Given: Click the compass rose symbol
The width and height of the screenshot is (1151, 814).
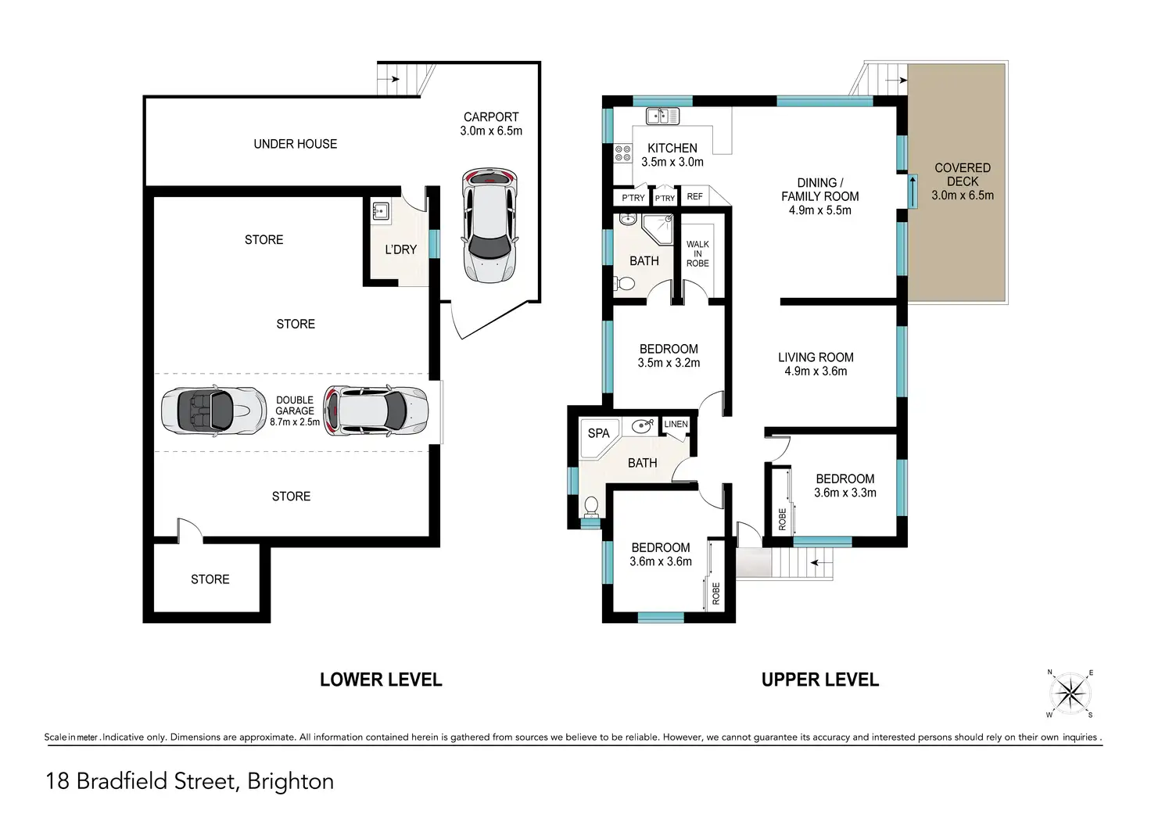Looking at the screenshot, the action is (1070, 694).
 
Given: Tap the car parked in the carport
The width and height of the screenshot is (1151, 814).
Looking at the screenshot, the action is (489, 224).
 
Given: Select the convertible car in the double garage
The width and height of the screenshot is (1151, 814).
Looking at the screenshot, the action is (213, 411).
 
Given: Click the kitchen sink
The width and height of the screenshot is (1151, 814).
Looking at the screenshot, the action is (662, 117).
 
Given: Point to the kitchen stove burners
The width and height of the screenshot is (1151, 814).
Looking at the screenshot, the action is (623, 153).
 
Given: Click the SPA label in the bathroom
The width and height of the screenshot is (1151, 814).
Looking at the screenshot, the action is (599, 433).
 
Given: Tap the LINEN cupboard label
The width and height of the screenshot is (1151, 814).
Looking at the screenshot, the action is (676, 424).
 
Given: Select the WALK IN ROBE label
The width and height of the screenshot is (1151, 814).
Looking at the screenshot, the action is (697, 254).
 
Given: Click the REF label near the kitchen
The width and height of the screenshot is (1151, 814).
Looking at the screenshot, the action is (694, 196).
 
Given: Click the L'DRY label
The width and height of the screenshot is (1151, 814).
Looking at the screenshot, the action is (401, 249).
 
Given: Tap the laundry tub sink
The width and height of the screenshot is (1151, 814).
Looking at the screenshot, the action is (381, 210).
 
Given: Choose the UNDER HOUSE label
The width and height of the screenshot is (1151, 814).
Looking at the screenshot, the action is (296, 144).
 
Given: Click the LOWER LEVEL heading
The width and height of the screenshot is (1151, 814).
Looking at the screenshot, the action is (381, 680).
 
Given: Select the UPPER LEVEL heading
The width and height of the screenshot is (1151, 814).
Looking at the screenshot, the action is (820, 680).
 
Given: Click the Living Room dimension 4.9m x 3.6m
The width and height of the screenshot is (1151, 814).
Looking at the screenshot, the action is (816, 371).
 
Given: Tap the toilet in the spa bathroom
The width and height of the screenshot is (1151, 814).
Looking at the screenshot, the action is (591, 507).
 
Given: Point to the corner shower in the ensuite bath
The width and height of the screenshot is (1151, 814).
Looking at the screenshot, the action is (658, 230).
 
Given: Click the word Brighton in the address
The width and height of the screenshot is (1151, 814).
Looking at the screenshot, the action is (290, 782).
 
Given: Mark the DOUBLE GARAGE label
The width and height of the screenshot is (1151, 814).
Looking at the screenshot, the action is (295, 406).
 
